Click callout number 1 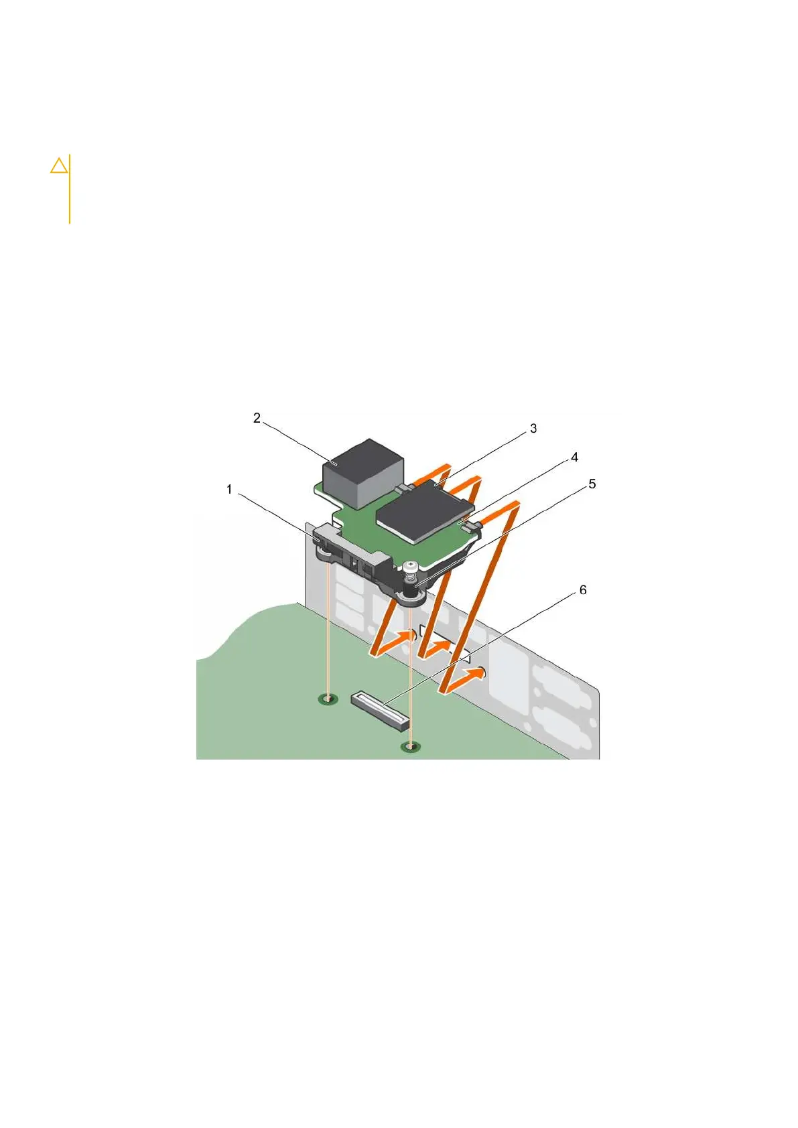tap(229, 490)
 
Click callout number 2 tap(257, 418)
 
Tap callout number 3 tap(533, 428)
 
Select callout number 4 tap(574, 457)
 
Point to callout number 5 tap(592, 484)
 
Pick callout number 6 tap(582, 590)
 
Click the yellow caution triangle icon tap(59, 165)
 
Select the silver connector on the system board tap(379, 711)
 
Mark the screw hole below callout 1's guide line tap(326, 699)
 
